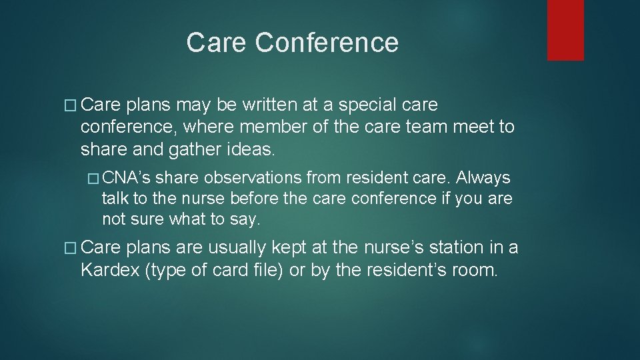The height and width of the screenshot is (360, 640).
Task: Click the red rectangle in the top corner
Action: (565, 30)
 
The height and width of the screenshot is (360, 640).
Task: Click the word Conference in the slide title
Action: (327, 43)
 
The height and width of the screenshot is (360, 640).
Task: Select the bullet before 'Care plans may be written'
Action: (72, 105)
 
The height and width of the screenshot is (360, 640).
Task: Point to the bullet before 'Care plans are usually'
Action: (72, 247)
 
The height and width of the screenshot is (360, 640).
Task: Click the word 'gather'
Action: (190, 149)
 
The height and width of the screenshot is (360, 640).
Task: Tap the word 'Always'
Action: (483, 178)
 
